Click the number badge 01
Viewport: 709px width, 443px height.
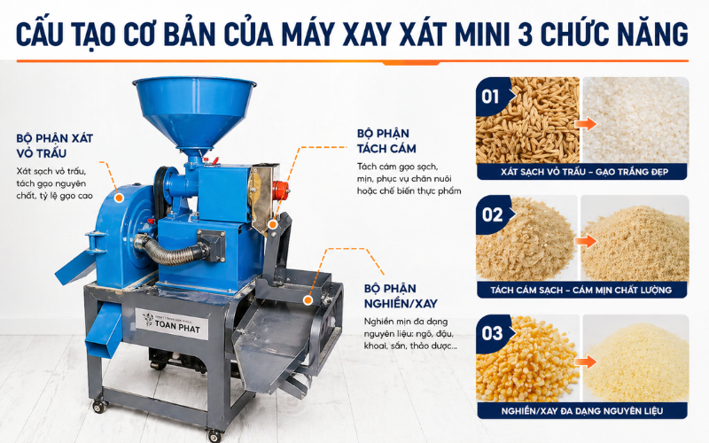491,95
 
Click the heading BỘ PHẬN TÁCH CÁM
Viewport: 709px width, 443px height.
386,141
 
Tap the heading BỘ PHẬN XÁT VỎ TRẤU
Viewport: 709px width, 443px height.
54,145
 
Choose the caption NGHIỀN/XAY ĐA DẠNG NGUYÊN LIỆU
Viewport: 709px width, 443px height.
582,410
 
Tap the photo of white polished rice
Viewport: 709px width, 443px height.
635,120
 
